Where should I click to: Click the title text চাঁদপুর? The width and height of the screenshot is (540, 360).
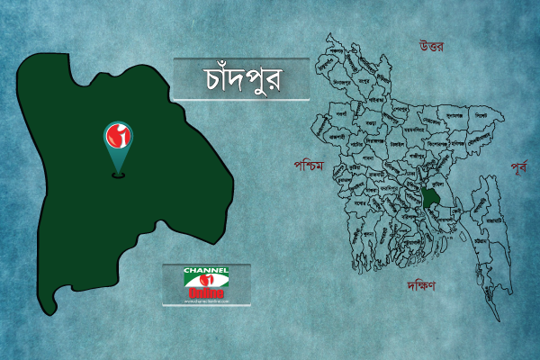[x=241, y=79]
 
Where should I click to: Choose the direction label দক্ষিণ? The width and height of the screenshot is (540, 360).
[x=419, y=285]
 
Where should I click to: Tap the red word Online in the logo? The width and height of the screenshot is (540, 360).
[x=206, y=291]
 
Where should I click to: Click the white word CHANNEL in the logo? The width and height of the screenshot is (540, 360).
[x=206, y=271]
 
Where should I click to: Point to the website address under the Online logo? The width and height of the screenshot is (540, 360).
[x=206, y=301]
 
